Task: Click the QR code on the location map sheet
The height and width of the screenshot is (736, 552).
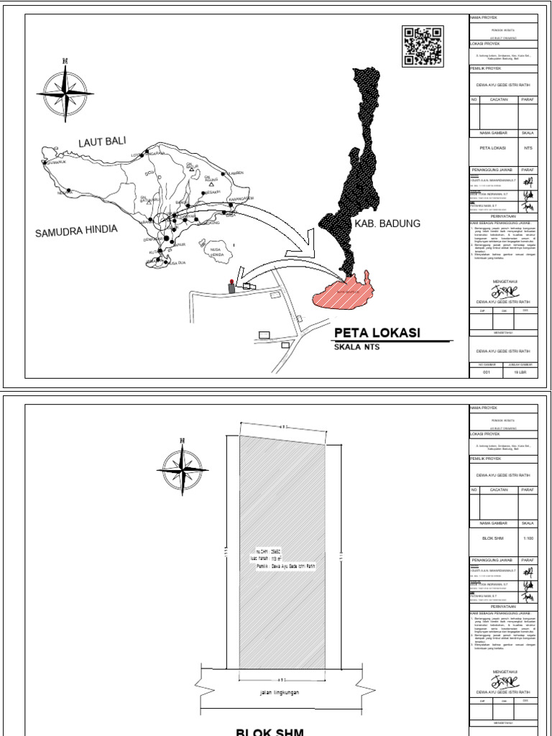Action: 422,47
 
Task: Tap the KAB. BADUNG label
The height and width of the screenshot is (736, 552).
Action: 386,224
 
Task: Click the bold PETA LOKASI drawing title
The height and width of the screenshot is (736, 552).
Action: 377,333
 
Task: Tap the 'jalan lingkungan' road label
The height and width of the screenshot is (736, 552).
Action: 280,694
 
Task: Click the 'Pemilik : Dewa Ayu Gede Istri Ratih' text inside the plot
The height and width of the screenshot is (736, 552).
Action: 285,566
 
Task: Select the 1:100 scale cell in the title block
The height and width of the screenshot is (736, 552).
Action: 528,538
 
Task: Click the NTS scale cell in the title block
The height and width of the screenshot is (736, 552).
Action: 528,148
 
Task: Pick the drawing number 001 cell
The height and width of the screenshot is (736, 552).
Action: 486,372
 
